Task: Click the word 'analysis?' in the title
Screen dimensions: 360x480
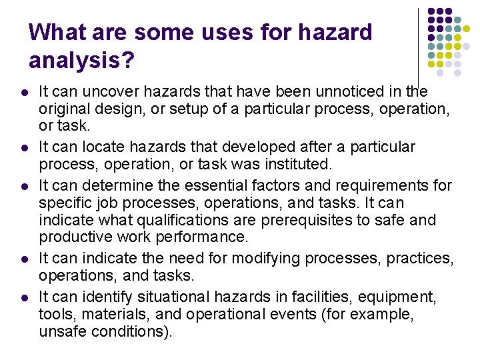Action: coord(82,61)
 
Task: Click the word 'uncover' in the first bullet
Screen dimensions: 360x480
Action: coord(103,91)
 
